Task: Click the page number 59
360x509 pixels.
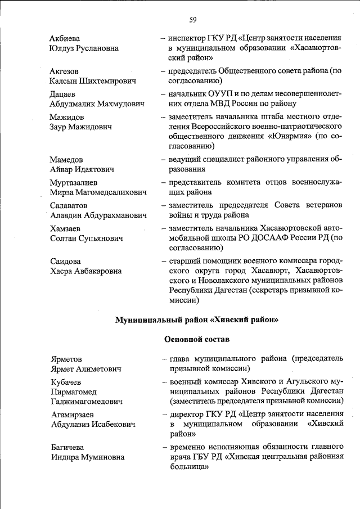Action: (192, 20)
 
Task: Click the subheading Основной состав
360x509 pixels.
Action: (196, 339)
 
